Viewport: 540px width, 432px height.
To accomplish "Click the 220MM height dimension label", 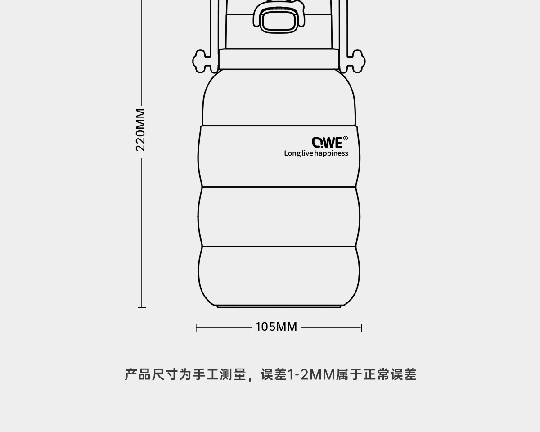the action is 140,130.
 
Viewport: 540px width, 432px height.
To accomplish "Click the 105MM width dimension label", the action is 276,327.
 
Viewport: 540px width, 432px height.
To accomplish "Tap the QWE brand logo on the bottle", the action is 327,143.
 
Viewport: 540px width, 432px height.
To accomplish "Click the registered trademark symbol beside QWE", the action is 346,138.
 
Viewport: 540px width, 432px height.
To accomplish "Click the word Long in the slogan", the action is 292,153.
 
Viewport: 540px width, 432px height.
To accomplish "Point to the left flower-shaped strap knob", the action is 202,61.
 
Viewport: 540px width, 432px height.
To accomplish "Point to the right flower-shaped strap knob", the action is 355,61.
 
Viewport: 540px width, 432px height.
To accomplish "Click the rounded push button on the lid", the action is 279,21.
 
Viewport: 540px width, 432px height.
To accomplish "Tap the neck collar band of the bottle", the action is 279,59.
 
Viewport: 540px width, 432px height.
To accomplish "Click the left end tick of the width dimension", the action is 196,328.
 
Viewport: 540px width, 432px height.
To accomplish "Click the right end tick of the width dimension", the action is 361,328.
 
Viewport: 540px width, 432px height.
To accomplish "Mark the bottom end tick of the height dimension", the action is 142,307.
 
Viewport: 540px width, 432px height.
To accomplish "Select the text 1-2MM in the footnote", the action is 311,375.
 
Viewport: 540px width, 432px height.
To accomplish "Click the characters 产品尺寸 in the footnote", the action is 151,375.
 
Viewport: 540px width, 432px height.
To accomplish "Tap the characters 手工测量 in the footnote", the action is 220,375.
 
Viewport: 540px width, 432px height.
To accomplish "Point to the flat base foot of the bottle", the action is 279,307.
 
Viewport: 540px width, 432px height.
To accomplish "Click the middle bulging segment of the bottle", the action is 279,216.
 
